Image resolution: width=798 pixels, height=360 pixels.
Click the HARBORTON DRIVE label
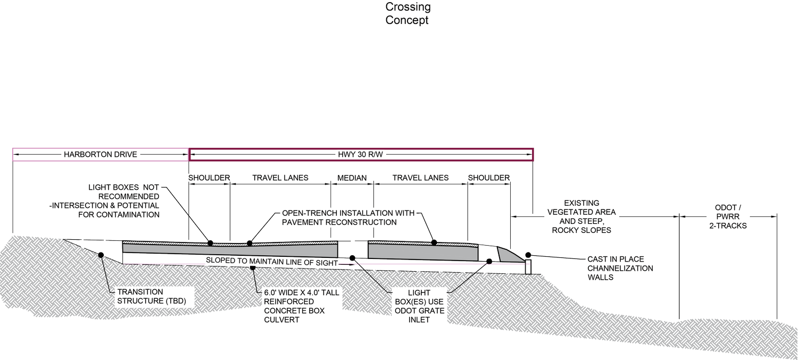click(x=100, y=155)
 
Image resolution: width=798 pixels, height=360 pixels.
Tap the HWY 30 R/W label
click(x=360, y=155)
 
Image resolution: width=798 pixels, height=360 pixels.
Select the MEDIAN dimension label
click(x=352, y=178)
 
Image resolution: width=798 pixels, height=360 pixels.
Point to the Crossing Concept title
click(x=408, y=13)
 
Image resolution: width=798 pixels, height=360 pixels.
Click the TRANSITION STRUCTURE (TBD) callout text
click(x=152, y=296)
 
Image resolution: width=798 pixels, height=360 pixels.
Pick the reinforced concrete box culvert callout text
click(x=302, y=306)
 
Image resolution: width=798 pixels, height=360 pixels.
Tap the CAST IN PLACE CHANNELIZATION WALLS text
click(x=620, y=268)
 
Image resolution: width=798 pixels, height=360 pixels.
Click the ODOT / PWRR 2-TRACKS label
click(x=728, y=216)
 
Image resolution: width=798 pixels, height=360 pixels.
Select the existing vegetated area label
click(x=581, y=216)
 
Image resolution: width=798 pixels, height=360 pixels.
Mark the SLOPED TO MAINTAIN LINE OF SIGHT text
click(x=272, y=262)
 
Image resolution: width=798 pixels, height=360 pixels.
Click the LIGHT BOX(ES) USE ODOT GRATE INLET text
click(x=419, y=306)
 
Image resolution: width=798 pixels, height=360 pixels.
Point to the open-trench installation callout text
click(x=348, y=217)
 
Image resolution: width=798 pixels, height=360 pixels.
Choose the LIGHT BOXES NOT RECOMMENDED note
click(x=104, y=201)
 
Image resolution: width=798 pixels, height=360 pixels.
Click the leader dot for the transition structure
click(x=101, y=255)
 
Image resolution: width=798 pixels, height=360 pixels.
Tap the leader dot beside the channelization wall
click(x=528, y=255)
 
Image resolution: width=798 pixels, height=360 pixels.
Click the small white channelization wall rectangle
click(x=528, y=267)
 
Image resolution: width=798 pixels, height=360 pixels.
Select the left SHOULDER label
click(x=209, y=178)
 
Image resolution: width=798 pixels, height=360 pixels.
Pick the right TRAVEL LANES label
click(x=420, y=178)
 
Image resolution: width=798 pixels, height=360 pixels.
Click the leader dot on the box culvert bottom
click(x=253, y=267)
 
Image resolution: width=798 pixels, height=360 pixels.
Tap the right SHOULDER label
click(x=489, y=178)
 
